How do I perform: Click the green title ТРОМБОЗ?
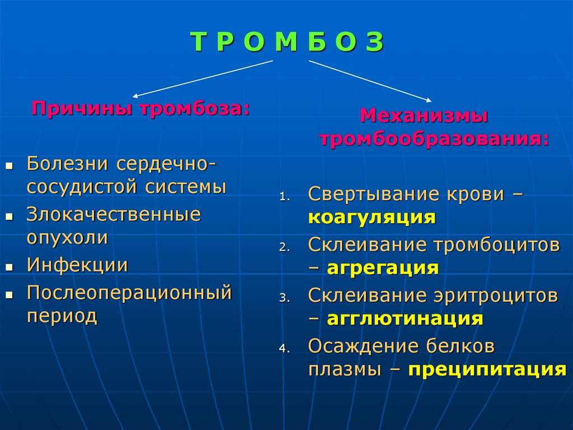(287, 42)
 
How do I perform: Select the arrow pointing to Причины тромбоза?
(201, 78)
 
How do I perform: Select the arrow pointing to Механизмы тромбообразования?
(370, 81)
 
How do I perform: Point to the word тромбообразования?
(434, 138)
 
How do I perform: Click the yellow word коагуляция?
(372, 217)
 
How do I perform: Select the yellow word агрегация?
(383, 268)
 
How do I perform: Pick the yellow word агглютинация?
(405, 318)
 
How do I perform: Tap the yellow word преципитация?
(487, 369)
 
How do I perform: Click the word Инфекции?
(77, 265)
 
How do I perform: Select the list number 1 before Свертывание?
(284, 197)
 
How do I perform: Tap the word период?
(62, 316)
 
